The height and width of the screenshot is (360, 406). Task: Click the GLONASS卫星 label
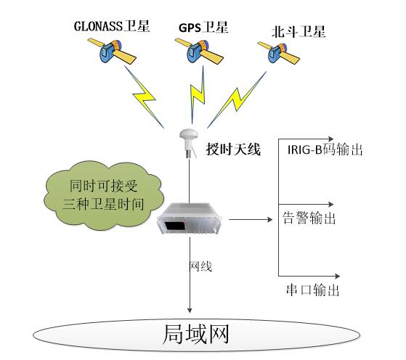point(112,26)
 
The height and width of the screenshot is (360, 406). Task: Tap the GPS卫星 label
point(203,28)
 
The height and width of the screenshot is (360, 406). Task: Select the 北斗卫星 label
point(299,32)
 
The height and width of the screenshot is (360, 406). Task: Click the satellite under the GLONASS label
point(112,52)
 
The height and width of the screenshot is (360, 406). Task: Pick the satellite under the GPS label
point(199,51)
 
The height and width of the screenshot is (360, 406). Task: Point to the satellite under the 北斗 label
point(279,53)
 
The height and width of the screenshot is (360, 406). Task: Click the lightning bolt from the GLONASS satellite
point(144,97)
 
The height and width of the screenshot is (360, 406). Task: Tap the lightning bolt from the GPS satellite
point(198,95)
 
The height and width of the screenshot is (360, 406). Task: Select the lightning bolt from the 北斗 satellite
point(237,100)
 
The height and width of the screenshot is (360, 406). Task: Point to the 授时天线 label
point(233,150)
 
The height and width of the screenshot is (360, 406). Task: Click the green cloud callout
point(104,195)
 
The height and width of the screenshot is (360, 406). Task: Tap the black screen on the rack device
point(175,225)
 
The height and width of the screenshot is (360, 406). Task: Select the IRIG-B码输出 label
point(325,150)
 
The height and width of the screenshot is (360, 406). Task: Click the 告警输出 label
point(309,218)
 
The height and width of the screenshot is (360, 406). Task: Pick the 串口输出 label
point(313,290)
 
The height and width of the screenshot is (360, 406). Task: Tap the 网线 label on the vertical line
point(201,266)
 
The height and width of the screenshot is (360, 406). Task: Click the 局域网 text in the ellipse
point(196,335)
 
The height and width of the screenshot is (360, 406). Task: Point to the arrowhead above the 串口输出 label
point(338,276)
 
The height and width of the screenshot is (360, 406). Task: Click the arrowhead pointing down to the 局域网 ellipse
point(190,311)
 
